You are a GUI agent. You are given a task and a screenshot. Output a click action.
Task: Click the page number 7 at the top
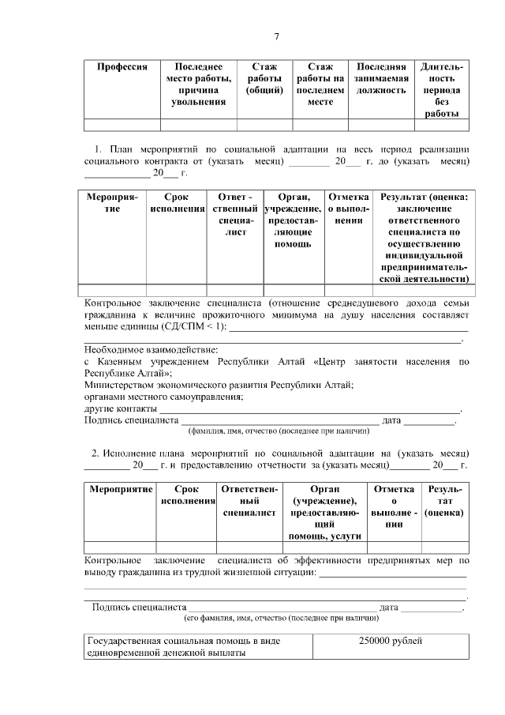(276, 37)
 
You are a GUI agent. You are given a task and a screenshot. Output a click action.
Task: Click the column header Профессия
(122, 68)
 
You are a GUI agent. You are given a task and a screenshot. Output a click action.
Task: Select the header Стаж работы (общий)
(264, 79)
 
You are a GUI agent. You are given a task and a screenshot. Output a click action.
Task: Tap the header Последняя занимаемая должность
(382, 79)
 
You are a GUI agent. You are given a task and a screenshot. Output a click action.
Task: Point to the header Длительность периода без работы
(442, 90)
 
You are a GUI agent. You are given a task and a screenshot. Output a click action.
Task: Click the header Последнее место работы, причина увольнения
(198, 85)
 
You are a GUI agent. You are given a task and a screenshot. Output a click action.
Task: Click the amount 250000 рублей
(391, 642)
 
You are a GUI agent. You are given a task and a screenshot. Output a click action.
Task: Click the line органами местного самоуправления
(163, 397)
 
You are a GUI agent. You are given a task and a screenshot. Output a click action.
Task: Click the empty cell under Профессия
(122, 124)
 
